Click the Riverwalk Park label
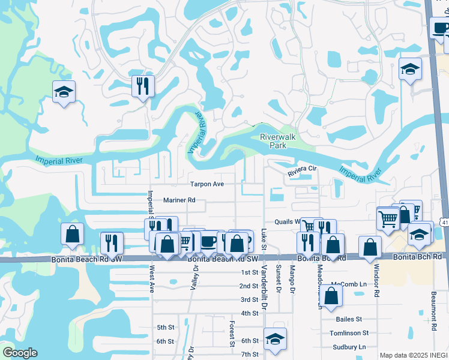click(278, 141)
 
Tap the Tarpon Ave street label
click(207, 184)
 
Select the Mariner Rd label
click(179, 200)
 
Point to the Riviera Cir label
click(301, 169)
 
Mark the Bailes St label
click(349, 319)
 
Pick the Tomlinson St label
click(349, 333)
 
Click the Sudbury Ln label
click(349, 347)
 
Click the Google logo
click(20, 353)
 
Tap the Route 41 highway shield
click(444, 223)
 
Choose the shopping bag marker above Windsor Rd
click(370, 247)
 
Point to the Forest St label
click(232, 334)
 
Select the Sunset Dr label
click(279, 277)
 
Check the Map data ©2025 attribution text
click(414, 355)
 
